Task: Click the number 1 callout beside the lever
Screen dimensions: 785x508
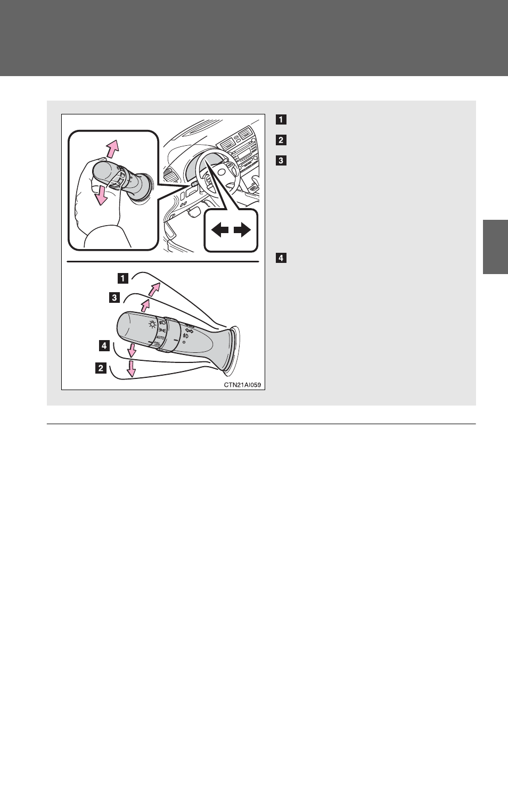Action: [123, 278]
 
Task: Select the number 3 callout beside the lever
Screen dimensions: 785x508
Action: [114, 298]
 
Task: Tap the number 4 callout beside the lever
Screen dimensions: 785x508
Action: [104, 345]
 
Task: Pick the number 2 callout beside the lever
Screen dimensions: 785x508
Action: [101, 368]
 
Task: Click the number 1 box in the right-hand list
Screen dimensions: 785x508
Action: [281, 119]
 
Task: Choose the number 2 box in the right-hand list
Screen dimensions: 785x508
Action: [281, 140]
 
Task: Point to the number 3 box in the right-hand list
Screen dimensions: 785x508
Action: [281, 160]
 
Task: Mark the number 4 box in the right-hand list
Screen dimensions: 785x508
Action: [281, 258]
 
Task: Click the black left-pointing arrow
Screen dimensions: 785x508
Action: [219, 230]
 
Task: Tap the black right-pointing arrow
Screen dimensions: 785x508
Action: [242, 230]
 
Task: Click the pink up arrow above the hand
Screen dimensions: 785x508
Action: [112, 148]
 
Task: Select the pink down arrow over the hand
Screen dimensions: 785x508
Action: [100, 195]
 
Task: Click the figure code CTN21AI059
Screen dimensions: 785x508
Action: [242, 385]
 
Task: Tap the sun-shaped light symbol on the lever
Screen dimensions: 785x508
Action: [152, 324]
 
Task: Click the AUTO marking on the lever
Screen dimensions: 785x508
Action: [160, 337]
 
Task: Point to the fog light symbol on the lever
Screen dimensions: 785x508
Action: [185, 336]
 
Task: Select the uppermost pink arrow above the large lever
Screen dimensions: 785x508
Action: [154, 290]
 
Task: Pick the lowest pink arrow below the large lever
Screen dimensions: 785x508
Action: [131, 368]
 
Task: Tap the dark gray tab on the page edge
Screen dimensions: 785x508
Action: [495, 246]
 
